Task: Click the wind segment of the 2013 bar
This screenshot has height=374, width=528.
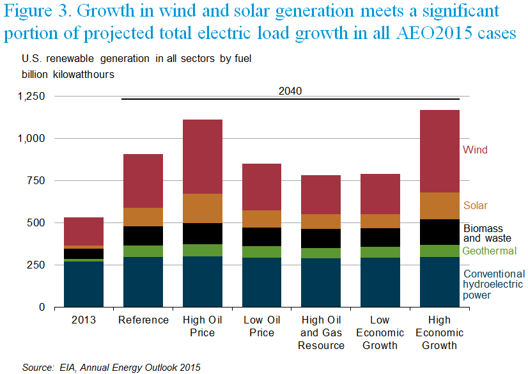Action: [84, 231]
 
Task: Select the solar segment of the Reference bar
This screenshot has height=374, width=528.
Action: [143, 217]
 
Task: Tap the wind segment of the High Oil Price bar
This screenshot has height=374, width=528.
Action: [203, 156]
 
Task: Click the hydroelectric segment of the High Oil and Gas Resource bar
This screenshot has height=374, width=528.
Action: [322, 282]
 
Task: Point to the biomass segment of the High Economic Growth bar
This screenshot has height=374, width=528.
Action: [440, 232]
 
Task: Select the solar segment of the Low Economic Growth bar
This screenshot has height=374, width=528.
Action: [381, 221]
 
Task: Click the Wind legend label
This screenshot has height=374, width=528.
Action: [475, 150]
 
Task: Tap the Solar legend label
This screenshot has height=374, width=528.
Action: [476, 206]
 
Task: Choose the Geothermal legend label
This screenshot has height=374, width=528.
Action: [490, 251]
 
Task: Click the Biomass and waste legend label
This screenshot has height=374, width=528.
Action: [483, 233]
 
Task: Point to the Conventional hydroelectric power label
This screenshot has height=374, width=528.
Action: [494, 284]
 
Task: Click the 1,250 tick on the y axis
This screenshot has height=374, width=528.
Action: [33, 96]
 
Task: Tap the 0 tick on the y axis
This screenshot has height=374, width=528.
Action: [42, 307]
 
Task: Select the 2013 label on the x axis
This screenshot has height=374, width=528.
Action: [84, 320]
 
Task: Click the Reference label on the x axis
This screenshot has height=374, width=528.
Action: [143, 320]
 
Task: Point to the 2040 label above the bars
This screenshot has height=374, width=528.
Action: [290, 91]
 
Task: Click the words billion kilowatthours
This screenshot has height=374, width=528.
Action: [68, 74]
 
